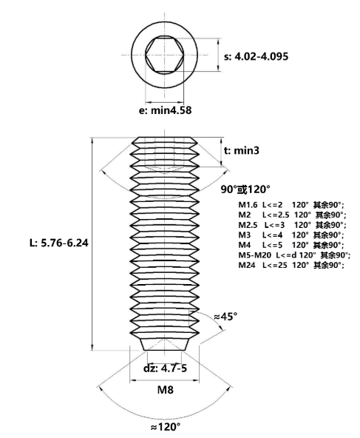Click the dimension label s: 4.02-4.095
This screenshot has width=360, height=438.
click(257, 57)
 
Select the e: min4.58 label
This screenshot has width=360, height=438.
click(165, 110)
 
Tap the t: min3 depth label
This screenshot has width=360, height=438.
click(242, 151)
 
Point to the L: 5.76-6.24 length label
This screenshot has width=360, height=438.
click(59, 243)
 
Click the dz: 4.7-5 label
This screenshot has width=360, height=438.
click(165, 368)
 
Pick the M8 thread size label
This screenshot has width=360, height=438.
click(166, 389)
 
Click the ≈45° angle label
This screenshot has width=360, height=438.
click(225, 317)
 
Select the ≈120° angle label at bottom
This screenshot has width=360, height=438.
click(165, 427)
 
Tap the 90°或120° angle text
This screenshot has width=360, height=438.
click(245, 189)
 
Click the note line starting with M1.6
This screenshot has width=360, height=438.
click(291, 205)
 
